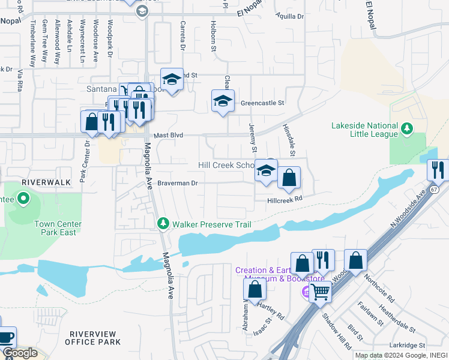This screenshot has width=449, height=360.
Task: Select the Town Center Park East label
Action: pos(58,228)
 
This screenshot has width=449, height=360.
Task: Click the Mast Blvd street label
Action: pos(167,136)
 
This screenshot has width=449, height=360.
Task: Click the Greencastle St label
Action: pos(262,103)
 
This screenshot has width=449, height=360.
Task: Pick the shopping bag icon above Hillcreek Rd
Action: pos(289,178)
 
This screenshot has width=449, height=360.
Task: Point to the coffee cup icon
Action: pos(6,338)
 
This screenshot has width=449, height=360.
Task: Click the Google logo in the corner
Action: pos(20,353)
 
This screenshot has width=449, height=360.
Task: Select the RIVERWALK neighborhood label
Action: pos(46,181)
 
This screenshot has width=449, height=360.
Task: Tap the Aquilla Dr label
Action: pos(290,16)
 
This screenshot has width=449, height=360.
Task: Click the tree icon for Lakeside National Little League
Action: pos(407,128)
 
